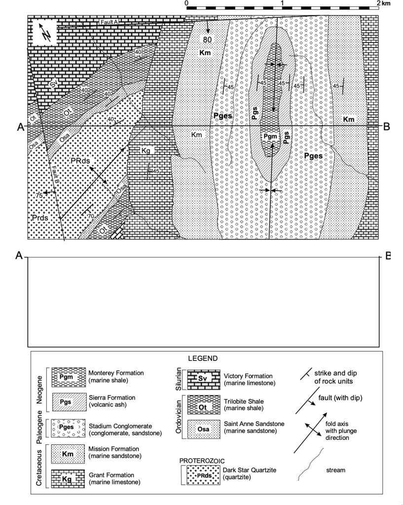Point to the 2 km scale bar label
point(385,3)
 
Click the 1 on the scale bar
point(282,3)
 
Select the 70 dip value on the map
point(90,216)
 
